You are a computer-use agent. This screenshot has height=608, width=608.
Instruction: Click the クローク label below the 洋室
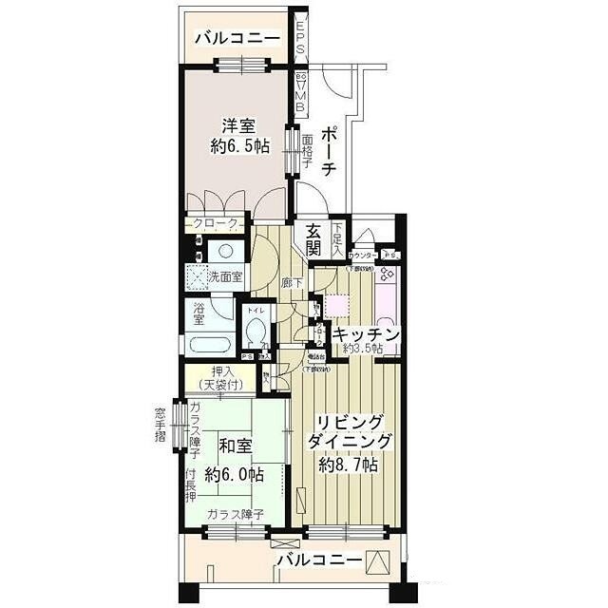[x=214, y=223]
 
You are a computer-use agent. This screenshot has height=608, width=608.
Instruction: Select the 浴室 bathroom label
[x=199, y=313]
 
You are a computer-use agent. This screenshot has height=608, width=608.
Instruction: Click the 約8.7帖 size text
[x=351, y=465]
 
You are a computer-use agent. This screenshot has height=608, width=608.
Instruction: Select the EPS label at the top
[x=300, y=39]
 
